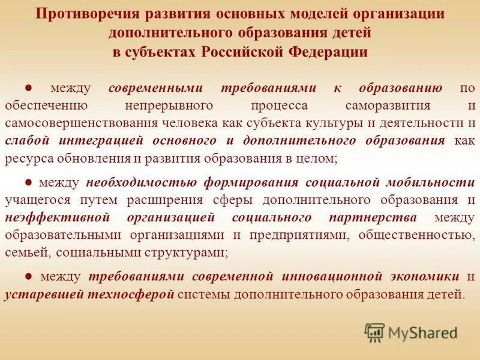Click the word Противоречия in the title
point(83,14)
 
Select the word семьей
point(23,253)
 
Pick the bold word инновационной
point(329,277)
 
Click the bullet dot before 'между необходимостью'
point(28,182)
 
